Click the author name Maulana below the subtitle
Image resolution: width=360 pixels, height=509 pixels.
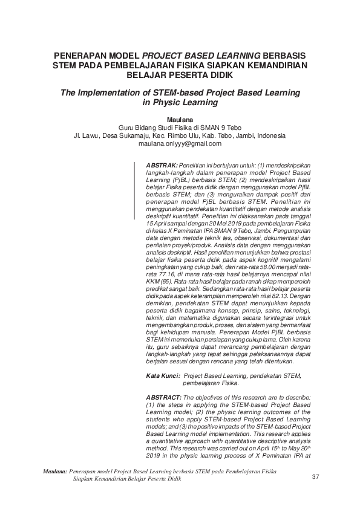click(x=180, y=120)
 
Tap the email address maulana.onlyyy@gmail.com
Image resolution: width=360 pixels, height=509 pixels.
click(x=180, y=144)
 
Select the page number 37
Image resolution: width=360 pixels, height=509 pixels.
click(x=315, y=478)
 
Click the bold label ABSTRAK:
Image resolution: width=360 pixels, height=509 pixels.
click(x=162, y=164)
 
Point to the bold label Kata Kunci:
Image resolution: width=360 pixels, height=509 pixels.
click(x=163, y=375)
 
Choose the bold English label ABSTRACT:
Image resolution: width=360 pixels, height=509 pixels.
click(x=164, y=397)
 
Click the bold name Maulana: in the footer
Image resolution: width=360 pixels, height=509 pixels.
click(x=54, y=470)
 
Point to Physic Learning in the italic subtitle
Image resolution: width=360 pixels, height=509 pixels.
click(x=180, y=103)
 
